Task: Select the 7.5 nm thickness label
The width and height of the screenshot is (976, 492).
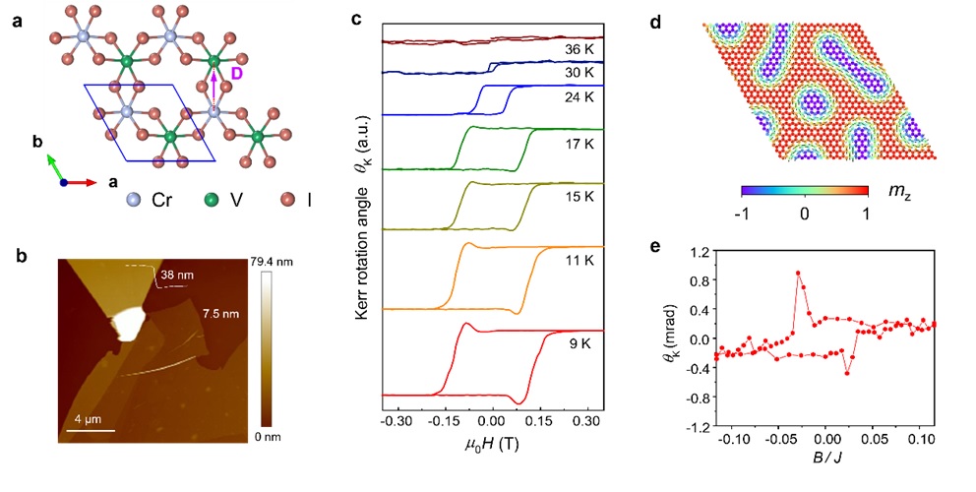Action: point(237,314)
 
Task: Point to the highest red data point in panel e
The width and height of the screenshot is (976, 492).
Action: point(798,273)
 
